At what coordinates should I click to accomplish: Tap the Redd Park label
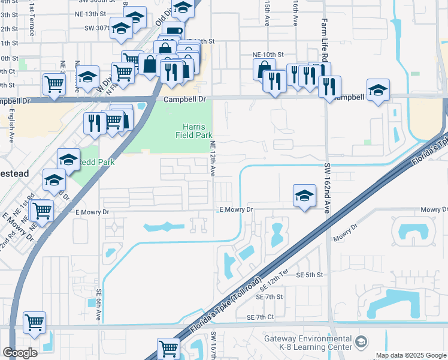[95, 162]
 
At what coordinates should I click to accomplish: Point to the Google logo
[20, 353]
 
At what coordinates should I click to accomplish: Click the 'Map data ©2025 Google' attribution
[411, 355]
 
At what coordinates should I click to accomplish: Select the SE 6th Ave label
[99, 306]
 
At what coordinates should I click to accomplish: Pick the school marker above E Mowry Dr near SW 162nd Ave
[304, 195]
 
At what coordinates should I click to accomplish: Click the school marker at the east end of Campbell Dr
[378, 90]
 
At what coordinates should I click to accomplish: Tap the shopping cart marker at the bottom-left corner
[35, 322]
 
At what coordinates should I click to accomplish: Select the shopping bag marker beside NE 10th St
[264, 68]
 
